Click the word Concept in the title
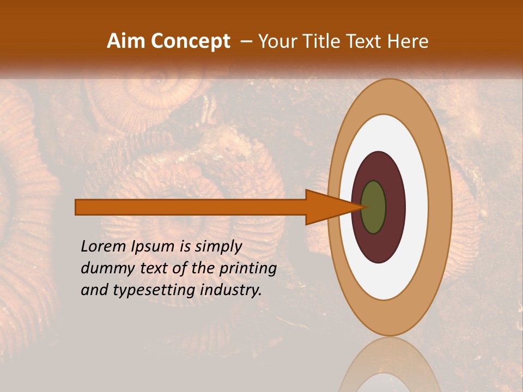click(x=191, y=41)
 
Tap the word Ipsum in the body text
click(x=153, y=246)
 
